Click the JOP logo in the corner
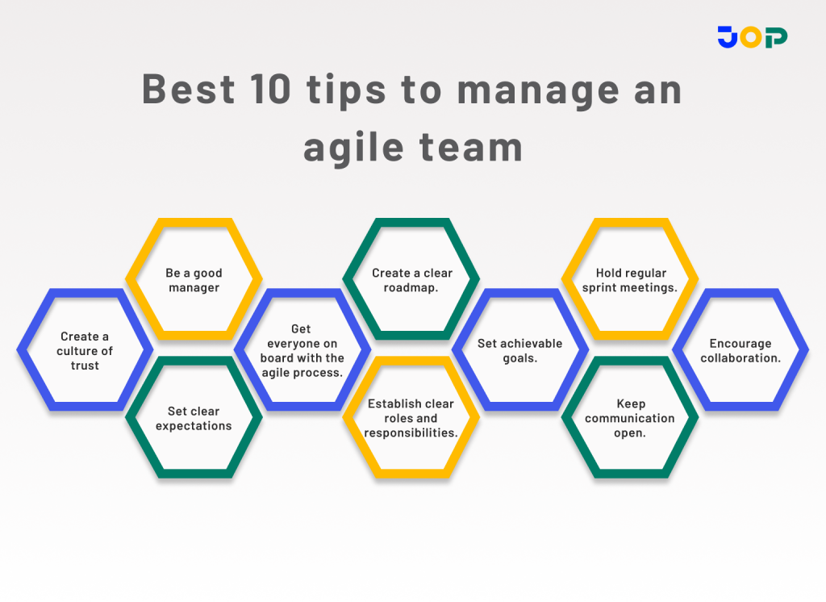[x=752, y=36]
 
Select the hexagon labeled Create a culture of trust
[x=85, y=350]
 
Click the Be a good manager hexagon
[x=194, y=280]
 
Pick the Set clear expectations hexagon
[x=194, y=418]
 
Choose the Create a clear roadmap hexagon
[x=411, y=280]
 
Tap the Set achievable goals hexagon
[x=520, y=350]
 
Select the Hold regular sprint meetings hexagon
[x=630, y=280]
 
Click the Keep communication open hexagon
[x=630, y=418]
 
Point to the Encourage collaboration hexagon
[x=740, y=350]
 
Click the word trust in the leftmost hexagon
[x=85, y=366]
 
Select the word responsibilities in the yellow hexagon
[x=411, y=433]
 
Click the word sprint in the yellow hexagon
[x=599, y=287]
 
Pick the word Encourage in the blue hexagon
[x=740, y=344]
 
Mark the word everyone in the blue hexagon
[x=302, y=344]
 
